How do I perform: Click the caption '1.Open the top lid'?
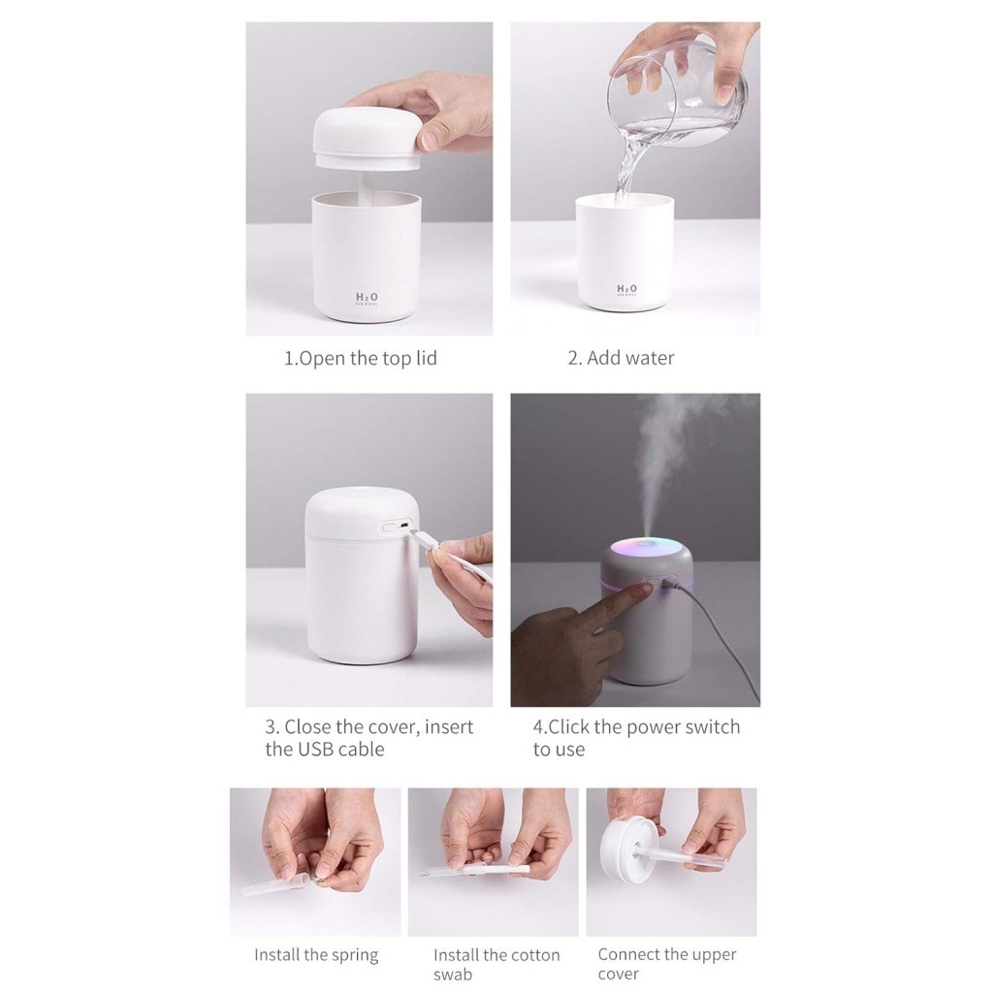click(x=360, y=358)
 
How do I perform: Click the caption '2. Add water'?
click(x=621, y=358)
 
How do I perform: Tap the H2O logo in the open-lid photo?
click(x=368, y=297)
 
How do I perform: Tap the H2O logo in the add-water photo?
click(x=626, y=289)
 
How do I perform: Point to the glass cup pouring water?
click(x=679, y=92)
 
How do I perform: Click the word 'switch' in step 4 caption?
click(x=712, y=727)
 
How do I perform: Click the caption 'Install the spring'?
click(x=316, y=954)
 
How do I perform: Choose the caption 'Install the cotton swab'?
click(x=496, y=964)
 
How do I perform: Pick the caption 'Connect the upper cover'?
click(x=667, y=964)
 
